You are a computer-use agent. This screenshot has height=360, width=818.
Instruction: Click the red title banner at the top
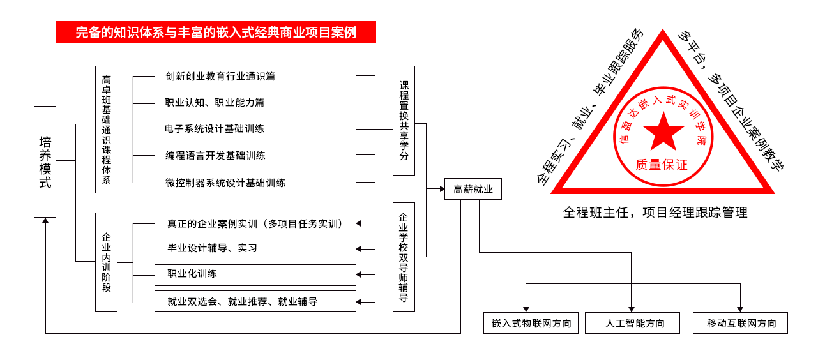tap(216, 33)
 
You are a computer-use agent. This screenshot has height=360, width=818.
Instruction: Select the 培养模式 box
tap(45, 161)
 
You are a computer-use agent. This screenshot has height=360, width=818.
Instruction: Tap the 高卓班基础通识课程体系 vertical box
tap(106, 130)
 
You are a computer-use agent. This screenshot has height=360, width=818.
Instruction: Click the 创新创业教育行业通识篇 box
tap(255, 77)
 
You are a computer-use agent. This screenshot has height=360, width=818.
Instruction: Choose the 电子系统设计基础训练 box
tap(255, 130)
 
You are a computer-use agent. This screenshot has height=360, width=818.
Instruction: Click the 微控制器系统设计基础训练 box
tap(255, 183)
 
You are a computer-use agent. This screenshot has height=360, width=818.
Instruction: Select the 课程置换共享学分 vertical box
tap(404, 121)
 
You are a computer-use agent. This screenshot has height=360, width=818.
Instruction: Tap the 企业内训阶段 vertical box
tap(106, 262)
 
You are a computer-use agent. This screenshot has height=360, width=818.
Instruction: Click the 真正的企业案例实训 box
tap(255, 223)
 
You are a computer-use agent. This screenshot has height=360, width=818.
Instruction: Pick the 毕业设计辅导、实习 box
tap(255, 249)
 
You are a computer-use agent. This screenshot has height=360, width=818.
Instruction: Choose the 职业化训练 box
tap(255, 274)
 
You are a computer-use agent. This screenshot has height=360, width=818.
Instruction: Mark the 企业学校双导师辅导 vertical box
tap(404, 257)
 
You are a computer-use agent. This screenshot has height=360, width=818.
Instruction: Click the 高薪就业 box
tap(473, 190)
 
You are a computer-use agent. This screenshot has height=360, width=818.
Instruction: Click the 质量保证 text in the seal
tap(662, 165)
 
